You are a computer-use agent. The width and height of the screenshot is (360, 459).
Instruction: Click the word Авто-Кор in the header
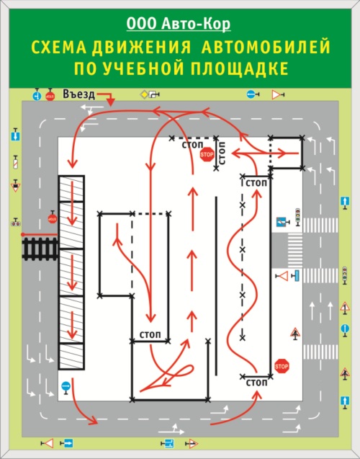tap(196, 24)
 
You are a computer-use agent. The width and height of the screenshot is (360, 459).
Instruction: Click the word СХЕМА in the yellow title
tap(59, 47)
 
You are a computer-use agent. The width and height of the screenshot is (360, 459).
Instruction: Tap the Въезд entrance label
tap(79, 94)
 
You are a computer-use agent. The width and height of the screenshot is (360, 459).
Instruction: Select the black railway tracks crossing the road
tap(40, 249)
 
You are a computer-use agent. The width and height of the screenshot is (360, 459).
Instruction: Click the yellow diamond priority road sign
tap(143, 94)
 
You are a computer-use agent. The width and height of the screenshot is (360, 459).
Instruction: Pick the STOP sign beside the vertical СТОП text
tap(207, 154)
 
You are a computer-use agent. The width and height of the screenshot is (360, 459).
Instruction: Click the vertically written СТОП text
tap(222, 153)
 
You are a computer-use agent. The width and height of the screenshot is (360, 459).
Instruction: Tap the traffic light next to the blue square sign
tap(297, 217)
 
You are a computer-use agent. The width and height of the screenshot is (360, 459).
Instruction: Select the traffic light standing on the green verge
tap(345, 275)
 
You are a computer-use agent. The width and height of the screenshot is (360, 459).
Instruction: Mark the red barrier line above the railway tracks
tap(39, 234)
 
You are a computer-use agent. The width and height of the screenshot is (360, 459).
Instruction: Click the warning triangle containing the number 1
tap(345, 308)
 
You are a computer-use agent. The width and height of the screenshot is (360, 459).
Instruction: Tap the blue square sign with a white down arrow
tap(16, 135)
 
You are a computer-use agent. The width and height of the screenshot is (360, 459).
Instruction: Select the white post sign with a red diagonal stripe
tap(16, 162)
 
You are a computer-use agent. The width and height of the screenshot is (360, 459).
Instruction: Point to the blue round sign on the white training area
tap(66, 387)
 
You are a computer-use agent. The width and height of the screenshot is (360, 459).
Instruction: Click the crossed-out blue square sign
tap(282, 222)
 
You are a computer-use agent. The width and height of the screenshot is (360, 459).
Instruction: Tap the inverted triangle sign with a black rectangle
tap(16, 186)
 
